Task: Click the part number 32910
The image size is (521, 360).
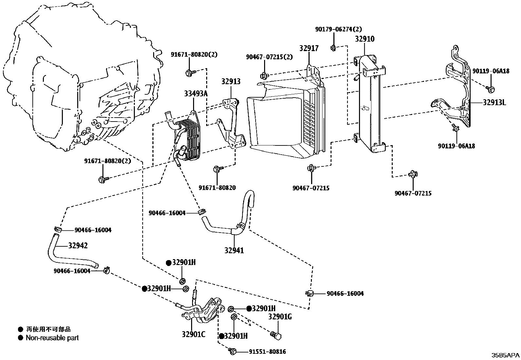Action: [365, 39]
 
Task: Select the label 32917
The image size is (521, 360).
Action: [309, 48]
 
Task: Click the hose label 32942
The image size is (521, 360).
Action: [78, 245]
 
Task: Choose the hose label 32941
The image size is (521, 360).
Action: [234, 250]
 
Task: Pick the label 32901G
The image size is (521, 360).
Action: [280, 317]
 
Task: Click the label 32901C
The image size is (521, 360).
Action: [194, 334]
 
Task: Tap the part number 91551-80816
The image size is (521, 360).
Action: [267, 352]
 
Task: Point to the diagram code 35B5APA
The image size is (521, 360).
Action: [505, 355]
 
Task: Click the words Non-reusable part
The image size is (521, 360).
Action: [52, 338]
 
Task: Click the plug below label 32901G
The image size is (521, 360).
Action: [276, 335]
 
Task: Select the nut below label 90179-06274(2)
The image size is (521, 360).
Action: [333, 48]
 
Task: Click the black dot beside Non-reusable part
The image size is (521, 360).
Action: [21, 338]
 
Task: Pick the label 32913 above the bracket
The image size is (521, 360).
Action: [230, 82]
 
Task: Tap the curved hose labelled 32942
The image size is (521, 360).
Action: [69, 259]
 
